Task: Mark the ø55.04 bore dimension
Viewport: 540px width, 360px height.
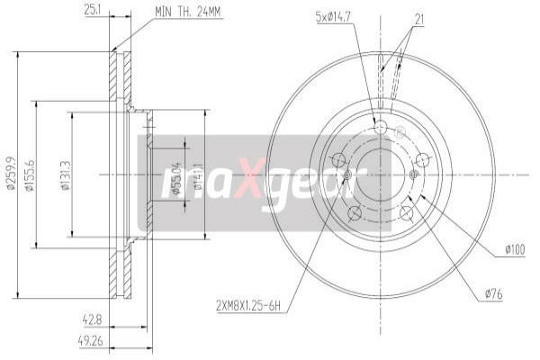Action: click(x=178, y=174)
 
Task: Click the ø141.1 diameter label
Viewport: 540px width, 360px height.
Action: click(x=200, y=174)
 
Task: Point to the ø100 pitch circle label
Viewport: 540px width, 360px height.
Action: click(x=515, y=248)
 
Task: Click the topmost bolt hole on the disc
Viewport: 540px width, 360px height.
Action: click(x=380, y=128)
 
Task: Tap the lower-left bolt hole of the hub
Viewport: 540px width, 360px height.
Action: click(x=354, y=212)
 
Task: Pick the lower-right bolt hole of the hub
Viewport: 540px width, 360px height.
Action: click(x=407, y=212)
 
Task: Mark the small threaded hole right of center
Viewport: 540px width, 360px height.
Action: click(x=414, y=174)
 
